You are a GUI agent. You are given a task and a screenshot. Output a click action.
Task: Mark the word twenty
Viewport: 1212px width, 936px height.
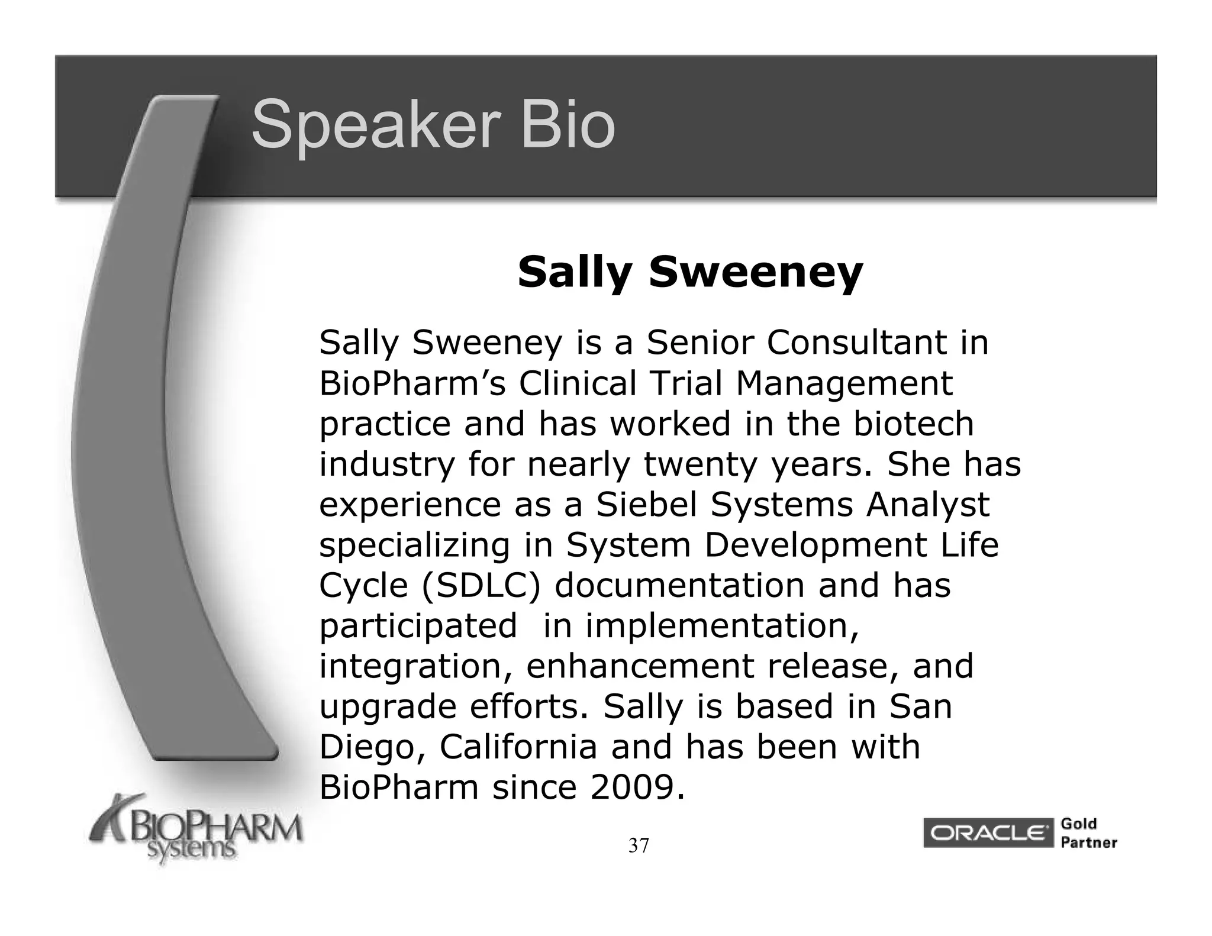click(x=701, y=465)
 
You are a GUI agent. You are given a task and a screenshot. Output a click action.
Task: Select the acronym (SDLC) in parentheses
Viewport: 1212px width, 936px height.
click(x=481, y=586)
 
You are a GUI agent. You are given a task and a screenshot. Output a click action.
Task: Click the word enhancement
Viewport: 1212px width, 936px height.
click(x=640, y=667)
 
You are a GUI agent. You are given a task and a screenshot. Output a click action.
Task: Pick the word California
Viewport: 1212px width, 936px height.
click(x=518, y=747)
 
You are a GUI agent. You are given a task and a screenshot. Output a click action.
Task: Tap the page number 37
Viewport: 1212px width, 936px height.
click(x=639, y=846)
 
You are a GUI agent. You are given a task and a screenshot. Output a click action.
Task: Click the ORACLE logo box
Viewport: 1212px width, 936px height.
click(x=988, y=833)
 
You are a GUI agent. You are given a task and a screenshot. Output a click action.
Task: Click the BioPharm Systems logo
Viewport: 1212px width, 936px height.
click(x=195, y=831)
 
